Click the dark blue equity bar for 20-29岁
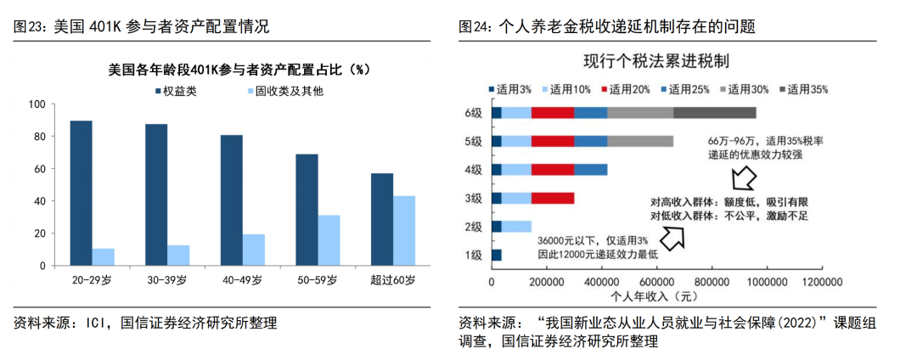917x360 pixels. pos(81,193)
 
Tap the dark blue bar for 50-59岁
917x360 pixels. pos(307,209)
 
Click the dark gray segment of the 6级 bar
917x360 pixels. pos(714,113)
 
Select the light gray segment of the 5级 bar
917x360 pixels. pos(640,141)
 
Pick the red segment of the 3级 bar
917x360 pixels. pos(553,198)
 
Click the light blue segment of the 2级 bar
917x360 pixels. pos(516,227)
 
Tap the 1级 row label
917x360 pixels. pos(473,255)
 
